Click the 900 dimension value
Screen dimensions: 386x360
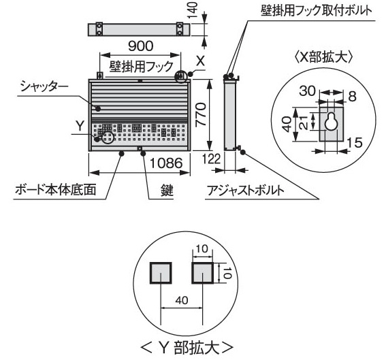(x=140, y=46)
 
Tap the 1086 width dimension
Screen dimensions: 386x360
(x=166, y=163)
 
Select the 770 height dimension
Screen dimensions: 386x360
(x=200, y=115)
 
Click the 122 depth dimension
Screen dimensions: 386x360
(x=212, y=159)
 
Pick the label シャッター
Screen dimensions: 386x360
(x=44, y=86)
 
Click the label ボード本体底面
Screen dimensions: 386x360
(x=56, y=189)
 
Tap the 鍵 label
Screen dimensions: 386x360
(x=167, y=191)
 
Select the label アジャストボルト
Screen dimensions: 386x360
(x=245, y=191)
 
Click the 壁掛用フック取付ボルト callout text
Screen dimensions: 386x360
(x=317, y=11)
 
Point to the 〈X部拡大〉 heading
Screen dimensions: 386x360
(x=323, y=58)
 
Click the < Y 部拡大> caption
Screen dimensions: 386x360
(x=187, y=348)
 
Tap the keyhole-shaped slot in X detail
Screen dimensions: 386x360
(x=330, y=122)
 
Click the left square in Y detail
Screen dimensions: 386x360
(x=161, y=273)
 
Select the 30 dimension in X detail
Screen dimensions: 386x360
(x=307, y=91)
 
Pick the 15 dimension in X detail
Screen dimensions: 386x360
(x=355, y=142)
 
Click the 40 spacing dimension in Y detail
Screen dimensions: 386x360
(x=182, y=300)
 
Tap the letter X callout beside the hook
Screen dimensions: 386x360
(x=200, y=61)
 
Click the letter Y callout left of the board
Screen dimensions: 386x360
(x=80, y=126)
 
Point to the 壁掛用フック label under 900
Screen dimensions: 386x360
(x=142, y=66)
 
